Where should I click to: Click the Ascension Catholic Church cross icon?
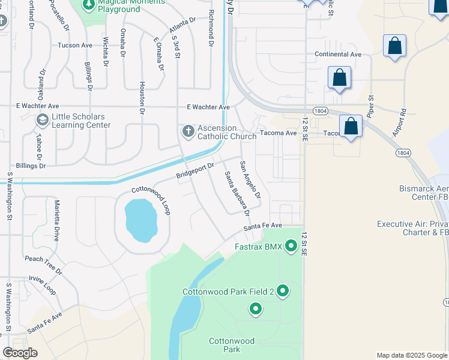(188, 131)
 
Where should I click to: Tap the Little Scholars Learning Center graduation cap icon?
(42, 120)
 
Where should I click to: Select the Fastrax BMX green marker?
(291, 245)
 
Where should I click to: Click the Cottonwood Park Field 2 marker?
(283, 292)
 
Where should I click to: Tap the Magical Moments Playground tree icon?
(89, 5)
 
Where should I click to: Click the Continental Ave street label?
(338, 54)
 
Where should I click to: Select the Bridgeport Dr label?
(195, 171)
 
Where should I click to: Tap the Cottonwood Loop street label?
(151, 200)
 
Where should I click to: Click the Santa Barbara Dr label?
(237, 194)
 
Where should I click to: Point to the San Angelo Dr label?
(250, 179)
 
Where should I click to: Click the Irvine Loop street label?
(42, 285)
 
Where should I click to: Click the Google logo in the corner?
(20, 353)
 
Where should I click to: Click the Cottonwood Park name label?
(232, 345)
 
